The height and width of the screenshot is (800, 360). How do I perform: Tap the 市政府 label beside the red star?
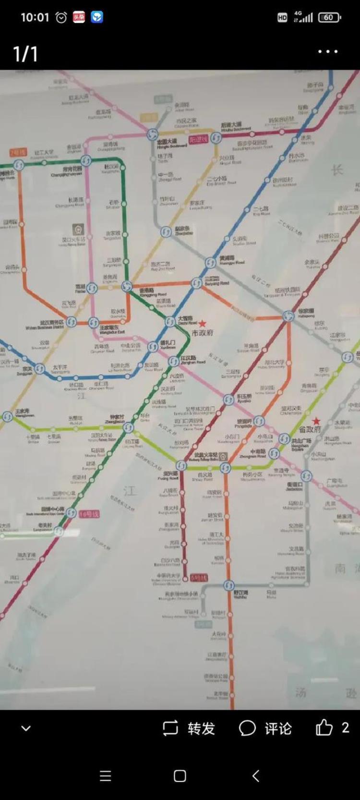coord(202,332)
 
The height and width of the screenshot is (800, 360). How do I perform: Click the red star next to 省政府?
coord(316,421)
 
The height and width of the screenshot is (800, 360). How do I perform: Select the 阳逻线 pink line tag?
coord(198,139)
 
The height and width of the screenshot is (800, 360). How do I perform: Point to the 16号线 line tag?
coord(89,514)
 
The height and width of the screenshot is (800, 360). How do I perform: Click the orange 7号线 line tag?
coord(18,153)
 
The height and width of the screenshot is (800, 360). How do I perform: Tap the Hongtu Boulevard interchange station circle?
coord(153,134)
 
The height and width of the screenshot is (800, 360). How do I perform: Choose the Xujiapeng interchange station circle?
coord(288,316)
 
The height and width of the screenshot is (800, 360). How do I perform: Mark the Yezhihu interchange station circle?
coord(229,585)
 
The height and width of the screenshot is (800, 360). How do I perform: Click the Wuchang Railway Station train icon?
coord(223,455)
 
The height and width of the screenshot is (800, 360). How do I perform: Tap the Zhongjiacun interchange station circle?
coord(128,427)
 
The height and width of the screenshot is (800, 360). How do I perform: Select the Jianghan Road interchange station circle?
coord(173,361)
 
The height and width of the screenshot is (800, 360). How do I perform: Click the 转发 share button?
coord(188,728)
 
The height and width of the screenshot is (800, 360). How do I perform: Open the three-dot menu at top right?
coord(328,52)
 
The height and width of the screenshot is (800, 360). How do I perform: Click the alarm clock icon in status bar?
coord(61,18)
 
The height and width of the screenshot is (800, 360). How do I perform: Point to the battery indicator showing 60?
coord(329,17)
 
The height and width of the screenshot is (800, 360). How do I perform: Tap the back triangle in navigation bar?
coord(256,776)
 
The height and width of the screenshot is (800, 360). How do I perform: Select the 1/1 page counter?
coord(25,54)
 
